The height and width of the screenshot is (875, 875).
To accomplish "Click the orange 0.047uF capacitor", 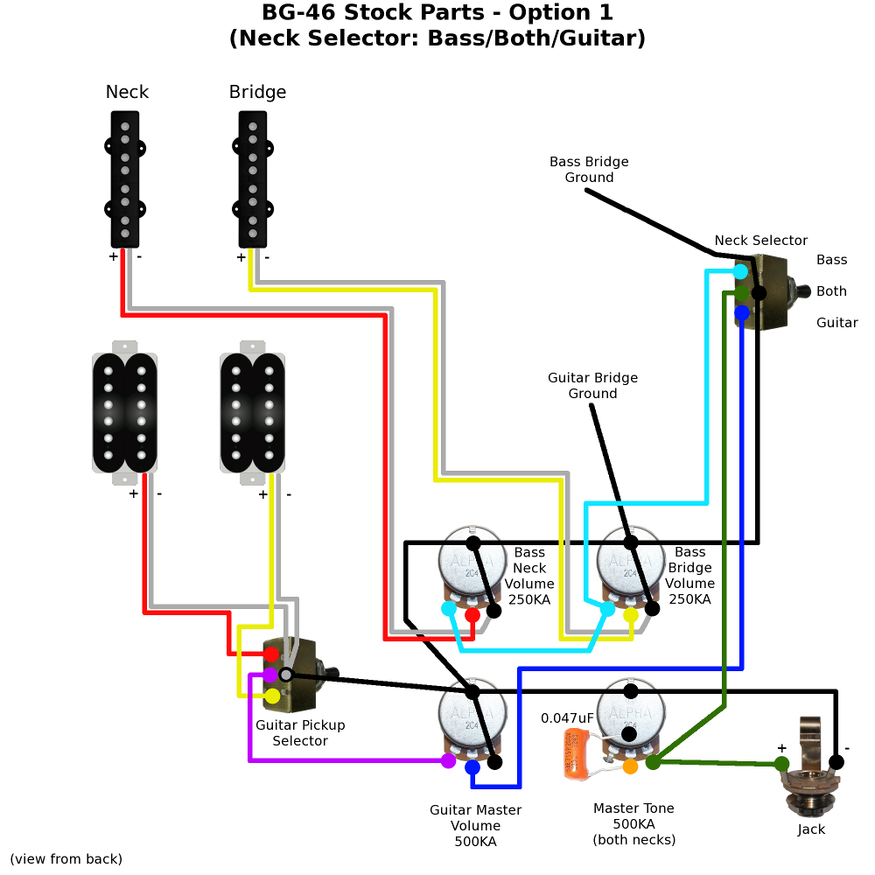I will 579,752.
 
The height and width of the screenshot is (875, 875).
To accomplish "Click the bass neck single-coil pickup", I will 125,178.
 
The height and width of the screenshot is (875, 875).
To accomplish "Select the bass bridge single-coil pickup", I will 252,178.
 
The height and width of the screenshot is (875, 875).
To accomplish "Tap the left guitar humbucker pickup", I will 124,411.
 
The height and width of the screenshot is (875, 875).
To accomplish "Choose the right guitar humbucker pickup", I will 252,411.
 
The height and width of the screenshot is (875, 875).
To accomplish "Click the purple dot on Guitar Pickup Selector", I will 270,675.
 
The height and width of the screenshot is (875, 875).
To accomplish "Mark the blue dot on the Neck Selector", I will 742,312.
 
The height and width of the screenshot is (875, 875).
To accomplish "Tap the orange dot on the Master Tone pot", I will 630,766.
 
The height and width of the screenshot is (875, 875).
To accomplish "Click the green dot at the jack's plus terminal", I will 781,764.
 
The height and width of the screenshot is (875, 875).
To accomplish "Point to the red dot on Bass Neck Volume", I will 472,615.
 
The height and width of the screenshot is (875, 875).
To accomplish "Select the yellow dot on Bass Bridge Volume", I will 631,615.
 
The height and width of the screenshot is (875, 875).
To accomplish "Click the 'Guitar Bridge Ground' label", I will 592,386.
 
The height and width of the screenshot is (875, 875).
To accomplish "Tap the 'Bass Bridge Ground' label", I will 589,170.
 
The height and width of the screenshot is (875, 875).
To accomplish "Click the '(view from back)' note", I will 66,858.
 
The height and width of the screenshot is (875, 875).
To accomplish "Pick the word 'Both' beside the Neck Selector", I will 831,291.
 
